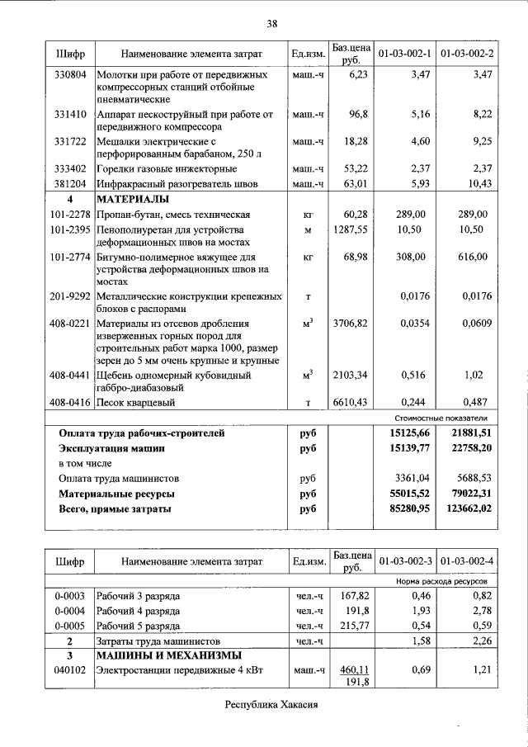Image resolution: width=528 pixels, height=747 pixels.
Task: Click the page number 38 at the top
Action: pyautogui.click(x=272, y=23)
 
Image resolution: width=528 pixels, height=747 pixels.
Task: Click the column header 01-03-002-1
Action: pyautogui.click(x=404, y=54)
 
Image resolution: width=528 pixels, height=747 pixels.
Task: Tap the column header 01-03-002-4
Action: pyautogui.click(x=467, y=562)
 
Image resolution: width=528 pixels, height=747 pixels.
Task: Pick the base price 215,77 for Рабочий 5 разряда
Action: pyautogui.click(x=352, y=626)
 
